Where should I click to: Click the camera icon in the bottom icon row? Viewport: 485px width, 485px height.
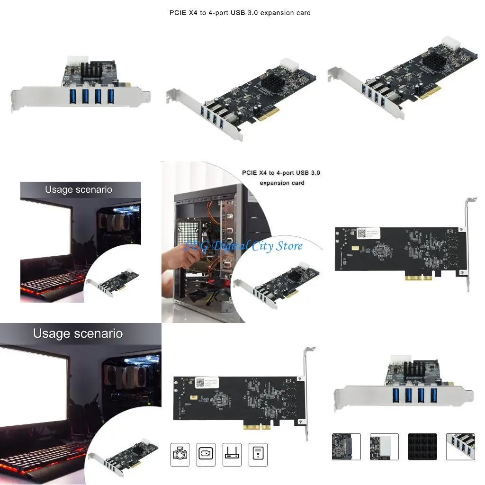pos(180,454)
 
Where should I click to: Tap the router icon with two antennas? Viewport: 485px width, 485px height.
pos(232,454)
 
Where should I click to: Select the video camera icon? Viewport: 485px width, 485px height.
pos(206,454)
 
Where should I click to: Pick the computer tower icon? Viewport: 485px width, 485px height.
pos(258,454)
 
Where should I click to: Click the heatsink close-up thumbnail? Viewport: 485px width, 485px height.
pos(422,447)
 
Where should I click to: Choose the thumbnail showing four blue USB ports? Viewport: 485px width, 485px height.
pos(460,447)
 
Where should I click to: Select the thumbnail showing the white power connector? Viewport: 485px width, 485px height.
pos(384,447)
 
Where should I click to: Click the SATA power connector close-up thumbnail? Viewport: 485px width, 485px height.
pos(346,447)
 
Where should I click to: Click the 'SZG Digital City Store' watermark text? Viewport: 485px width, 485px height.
pos(243,246)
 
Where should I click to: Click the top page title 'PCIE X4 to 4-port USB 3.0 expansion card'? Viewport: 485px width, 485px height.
pos(240,13)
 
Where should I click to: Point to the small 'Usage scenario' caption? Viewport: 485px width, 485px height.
pos(79,189)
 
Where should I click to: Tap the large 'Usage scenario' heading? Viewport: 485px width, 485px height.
pos(78,333)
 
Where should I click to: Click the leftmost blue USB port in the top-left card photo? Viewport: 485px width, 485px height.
pos(73,96)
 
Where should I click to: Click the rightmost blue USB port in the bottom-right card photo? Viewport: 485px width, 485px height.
pos(433,395)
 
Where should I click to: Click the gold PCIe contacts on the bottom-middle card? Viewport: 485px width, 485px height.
pos(257,427)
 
